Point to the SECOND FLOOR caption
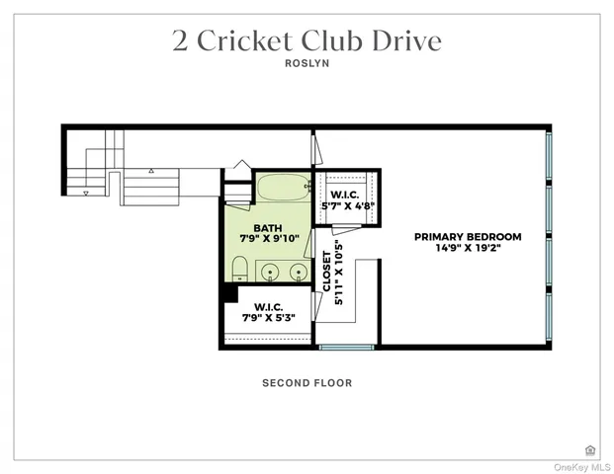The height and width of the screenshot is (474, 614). point(307,383)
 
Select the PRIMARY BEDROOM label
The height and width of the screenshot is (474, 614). point(468,237)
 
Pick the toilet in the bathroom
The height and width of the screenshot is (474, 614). point(239,269)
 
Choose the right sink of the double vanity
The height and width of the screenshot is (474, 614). point(296,270)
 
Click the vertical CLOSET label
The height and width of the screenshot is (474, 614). point(328,272)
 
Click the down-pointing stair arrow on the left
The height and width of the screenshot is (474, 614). point(86,194)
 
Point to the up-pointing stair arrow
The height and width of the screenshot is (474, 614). point(150,171)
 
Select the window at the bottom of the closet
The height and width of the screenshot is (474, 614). point(346,347)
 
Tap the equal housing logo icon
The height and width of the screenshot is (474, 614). point(590,449)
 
